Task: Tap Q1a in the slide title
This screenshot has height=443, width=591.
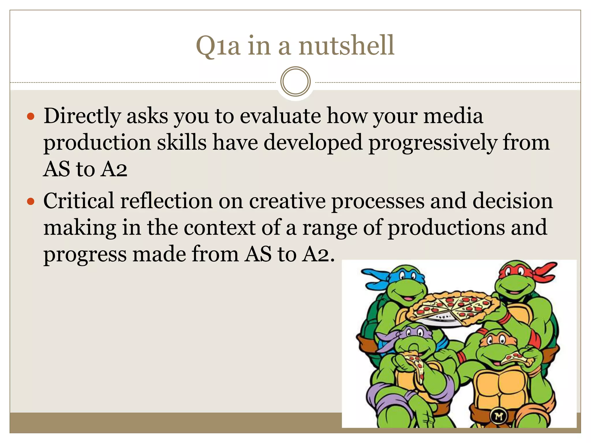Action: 218,46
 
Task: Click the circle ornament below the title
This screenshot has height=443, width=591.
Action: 295,82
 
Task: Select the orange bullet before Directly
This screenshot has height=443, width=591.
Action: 30,117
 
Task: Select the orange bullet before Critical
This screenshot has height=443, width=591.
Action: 30,201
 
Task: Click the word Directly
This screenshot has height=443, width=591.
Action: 82,116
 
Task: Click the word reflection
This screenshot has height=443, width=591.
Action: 166,201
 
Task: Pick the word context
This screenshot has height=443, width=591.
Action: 219,228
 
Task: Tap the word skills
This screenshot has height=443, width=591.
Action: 182,142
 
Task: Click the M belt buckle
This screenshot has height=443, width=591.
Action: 499,416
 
